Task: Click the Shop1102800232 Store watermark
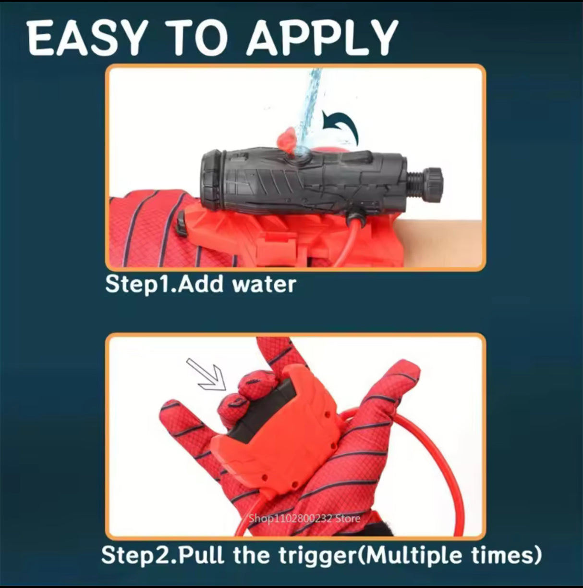click(304, 518)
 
